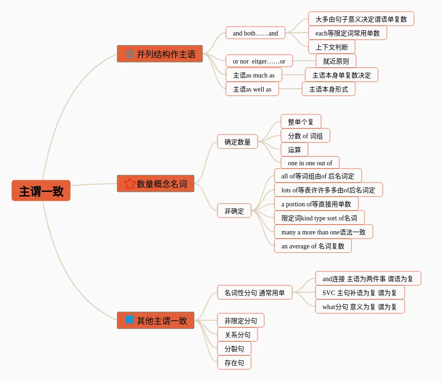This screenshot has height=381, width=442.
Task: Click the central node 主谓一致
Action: [41, 190]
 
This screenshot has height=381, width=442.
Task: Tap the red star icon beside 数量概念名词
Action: [130, 184]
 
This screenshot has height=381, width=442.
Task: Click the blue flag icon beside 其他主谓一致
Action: [130, 320]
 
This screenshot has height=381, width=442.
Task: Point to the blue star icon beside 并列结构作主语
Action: [130, 54]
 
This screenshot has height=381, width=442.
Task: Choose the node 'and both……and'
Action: [255, 33]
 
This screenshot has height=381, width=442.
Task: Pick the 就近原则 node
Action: [336, 61]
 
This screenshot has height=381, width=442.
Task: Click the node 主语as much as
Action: [253, 75]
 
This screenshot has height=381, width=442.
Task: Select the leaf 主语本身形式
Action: [328, 89]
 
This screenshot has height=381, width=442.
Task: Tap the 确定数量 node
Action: [237, 142]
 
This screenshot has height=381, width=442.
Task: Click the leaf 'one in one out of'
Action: [310, 163]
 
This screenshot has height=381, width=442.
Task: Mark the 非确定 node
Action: [234, 211]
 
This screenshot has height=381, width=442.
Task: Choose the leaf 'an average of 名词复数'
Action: [313, 246]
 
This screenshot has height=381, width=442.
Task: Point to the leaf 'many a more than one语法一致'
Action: [323, 232]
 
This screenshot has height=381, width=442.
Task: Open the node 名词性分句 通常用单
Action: [254, 293]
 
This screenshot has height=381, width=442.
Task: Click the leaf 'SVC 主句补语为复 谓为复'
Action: [359, 293]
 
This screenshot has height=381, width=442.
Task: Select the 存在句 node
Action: [234, 363]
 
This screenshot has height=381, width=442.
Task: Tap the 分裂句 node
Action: [234, 349]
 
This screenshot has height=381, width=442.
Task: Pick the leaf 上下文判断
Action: [331, 47]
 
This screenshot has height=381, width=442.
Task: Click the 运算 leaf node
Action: [294, 150]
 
